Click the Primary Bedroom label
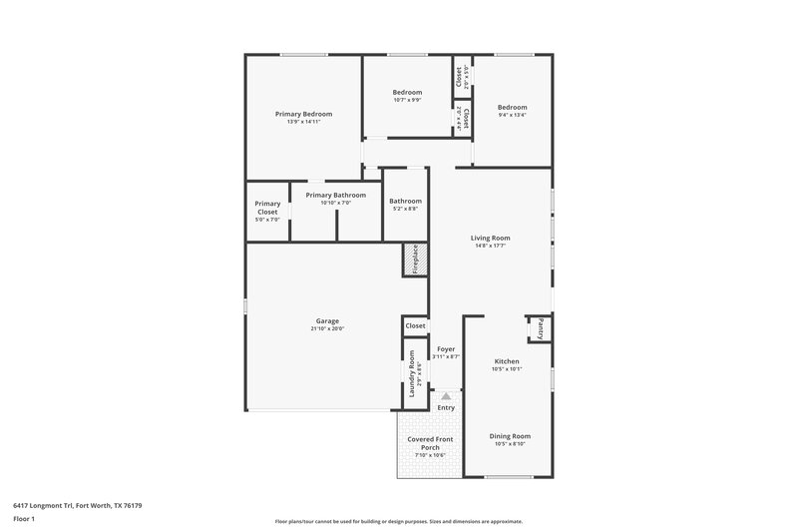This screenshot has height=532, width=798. point(303,114)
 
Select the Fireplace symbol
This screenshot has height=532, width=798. point(415,259)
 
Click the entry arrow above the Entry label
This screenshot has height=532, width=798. point(446,396)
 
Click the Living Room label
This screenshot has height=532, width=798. point(491,238)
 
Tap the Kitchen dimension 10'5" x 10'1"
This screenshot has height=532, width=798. point(507,369)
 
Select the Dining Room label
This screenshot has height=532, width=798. point(510,436)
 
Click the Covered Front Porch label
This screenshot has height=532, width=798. point(430,443)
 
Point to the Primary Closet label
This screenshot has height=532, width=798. point(267,208)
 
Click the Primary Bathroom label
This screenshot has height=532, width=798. point(335,195)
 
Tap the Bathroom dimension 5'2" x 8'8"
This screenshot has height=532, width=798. point(405,209)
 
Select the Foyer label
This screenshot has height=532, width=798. point(446,349)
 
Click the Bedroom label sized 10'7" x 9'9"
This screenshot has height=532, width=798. point(407,93)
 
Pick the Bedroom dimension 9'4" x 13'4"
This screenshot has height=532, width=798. point(512,115)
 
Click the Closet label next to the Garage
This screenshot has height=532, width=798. point(415,325)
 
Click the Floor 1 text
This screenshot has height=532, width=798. point(24,519)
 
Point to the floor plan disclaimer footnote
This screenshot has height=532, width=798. point(398,521)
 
